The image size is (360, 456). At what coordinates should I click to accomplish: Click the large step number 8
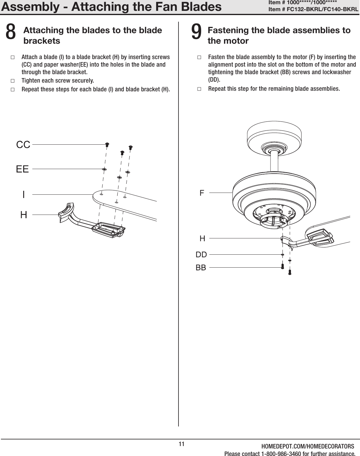[x=11, y=32]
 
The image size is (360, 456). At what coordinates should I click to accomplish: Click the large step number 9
[x=196, y=32]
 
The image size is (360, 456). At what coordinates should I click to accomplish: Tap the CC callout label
[x=23, y=145]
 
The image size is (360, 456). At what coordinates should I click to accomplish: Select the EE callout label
[x=22, y=169]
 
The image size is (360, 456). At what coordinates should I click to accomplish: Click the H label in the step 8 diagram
[x=24, y=215]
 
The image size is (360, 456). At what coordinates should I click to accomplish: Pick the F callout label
[x=202, y=193]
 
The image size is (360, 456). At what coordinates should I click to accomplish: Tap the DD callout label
[x=201, y=255]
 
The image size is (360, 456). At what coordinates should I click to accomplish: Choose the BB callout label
[x=201, y=267]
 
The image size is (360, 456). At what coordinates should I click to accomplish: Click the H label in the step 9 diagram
[x=202, y=239]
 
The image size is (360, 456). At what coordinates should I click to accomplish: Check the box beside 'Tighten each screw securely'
[x=12, y=81]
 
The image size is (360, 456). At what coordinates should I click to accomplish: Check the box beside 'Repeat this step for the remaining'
[x=199, y=89]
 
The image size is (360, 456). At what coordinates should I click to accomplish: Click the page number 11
[x=181, y=444]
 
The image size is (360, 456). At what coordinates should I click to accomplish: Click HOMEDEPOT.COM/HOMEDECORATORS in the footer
[x=307, y=446]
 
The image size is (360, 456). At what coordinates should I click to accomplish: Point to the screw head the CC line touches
[x=107, y=144]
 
